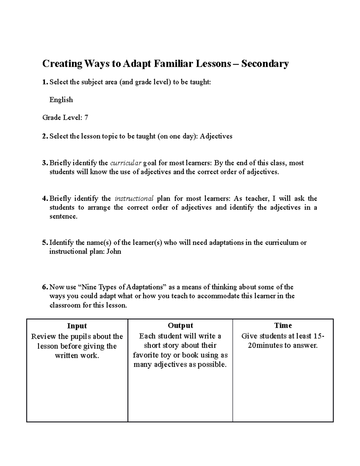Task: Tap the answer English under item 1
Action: (61, 100)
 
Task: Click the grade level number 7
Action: (86, 118)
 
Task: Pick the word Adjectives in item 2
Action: (216, 136)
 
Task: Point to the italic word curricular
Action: (126, 163)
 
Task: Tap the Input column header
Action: (77, 326)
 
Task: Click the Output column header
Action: (180, 326)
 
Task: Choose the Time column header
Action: (283, 326)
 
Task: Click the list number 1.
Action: (45, 82)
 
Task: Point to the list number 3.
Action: (45, 163)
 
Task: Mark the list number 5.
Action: (45, 242)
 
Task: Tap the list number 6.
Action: (45, 287)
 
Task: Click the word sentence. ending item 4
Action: (63, 216)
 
